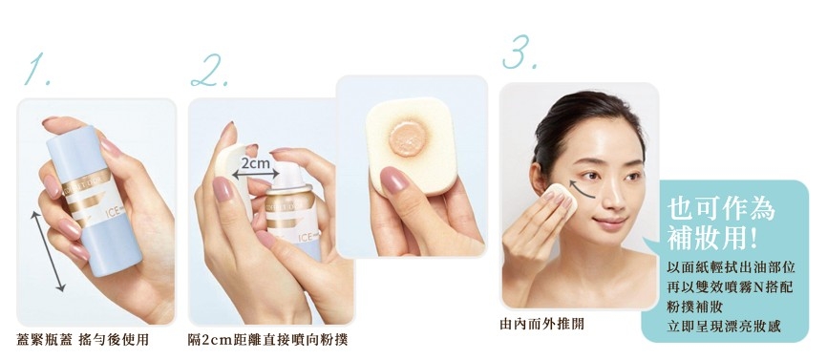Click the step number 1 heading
(38, 70)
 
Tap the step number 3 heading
(519, 53)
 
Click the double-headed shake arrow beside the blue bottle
(48, 250)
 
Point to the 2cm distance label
(255, 163)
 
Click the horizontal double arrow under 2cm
(256, 176)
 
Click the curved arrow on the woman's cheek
(581, 189)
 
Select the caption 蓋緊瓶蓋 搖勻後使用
(83, 339)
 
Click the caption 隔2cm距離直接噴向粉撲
(268, 339)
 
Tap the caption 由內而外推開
(541, 324)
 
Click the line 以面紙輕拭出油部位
(731, 266)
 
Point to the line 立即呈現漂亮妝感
(724, 327)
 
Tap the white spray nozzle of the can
(288, 175)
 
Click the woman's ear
(537, 178)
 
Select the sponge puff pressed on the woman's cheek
(561, 199)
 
